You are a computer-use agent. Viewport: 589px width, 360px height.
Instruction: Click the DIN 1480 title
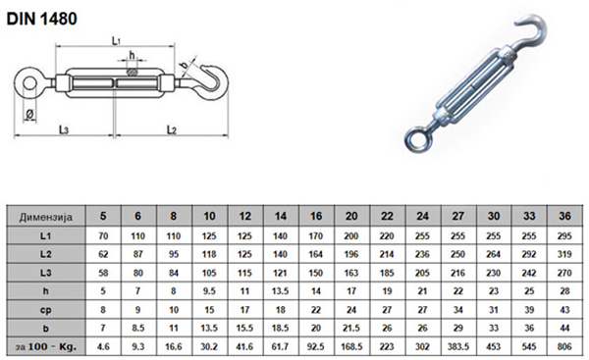41,19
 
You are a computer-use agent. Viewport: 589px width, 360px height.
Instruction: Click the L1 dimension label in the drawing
116,40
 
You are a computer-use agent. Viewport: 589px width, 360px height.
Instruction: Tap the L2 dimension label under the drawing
171,129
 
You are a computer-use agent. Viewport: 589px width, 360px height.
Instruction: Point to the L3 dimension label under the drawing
64,129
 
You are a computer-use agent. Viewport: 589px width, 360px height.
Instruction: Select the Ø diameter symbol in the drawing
30,114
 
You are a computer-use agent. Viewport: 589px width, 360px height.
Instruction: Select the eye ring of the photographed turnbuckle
406,138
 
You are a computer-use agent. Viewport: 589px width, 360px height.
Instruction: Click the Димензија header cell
46,217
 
